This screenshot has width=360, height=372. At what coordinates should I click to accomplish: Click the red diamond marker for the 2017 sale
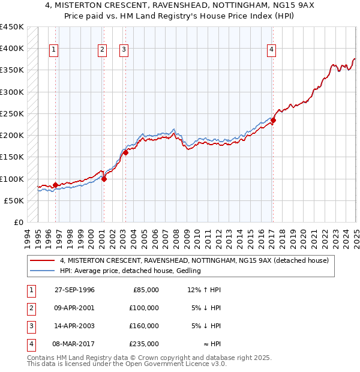[273, 121]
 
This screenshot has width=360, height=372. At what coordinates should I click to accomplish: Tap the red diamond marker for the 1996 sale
[55, 185]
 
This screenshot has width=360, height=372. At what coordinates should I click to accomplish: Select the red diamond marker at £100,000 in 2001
[104, 179]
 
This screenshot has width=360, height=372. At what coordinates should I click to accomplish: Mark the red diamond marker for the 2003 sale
[125, 153]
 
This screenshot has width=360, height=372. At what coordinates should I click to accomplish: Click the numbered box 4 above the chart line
[272, 50]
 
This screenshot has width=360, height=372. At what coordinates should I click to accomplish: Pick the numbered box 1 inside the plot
[54, 50]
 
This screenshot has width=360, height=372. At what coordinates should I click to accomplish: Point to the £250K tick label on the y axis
[12, 114]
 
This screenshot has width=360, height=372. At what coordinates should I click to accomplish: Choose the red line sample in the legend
[42, 261]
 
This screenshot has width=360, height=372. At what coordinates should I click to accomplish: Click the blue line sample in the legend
[42, 271]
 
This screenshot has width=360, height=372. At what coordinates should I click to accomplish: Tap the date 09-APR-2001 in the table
[74, 308]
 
